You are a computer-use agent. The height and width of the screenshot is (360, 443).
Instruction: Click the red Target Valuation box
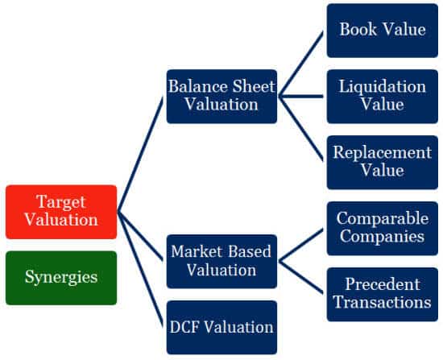61,212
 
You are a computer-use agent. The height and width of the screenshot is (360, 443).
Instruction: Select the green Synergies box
61,278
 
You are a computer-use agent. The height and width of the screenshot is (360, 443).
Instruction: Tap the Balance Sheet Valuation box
221,97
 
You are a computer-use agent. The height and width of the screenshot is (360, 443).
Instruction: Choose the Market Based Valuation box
221,262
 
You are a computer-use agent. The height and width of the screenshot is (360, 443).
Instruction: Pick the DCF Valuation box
221,327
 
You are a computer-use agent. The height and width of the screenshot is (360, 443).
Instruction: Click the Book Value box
383,31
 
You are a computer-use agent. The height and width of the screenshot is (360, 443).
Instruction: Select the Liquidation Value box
383,97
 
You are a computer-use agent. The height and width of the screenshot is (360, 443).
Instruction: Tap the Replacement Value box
383,162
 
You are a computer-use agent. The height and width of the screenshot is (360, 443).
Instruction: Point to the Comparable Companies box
383,228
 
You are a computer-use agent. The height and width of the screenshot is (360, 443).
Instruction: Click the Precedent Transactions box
383,294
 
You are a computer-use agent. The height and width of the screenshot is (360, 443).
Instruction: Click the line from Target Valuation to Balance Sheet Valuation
140,155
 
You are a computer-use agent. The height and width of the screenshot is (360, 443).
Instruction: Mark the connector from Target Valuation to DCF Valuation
140,270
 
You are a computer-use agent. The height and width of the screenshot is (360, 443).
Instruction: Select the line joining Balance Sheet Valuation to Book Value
300,64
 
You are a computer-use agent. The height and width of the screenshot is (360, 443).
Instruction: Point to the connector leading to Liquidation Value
300,97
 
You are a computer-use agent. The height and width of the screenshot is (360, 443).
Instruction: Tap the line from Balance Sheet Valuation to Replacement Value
300,129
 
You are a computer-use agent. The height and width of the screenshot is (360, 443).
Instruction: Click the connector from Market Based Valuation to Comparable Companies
300,245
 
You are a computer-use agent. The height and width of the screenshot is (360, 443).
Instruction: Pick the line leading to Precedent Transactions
300,278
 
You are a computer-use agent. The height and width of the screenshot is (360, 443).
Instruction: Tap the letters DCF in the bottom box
185,327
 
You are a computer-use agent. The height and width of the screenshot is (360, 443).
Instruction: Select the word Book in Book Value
358,29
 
